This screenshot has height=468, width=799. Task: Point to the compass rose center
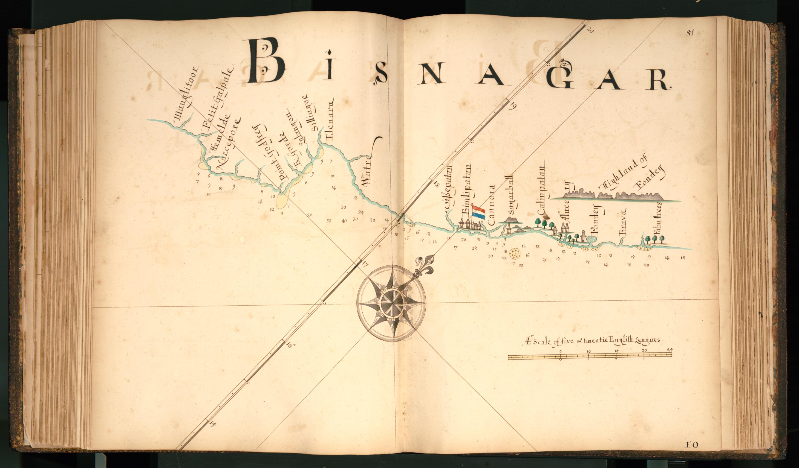pyautogui.click(x=391, y=303)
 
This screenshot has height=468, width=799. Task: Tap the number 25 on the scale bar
pyautogui.click(x=669, y=350)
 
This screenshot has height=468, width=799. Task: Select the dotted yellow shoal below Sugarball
pyautogui.click(x=515, y=253)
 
